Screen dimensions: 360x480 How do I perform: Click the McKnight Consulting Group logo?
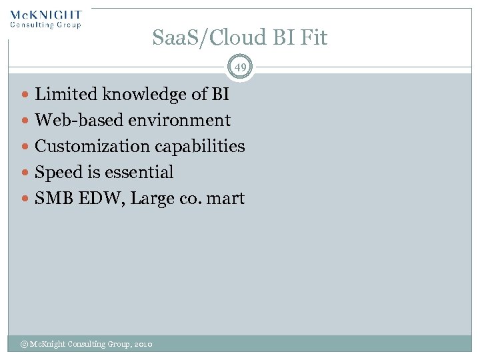click(46, 19)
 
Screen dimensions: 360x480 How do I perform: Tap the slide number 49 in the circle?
click(239, 67)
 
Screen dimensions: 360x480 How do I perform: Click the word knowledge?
click(141, 95)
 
